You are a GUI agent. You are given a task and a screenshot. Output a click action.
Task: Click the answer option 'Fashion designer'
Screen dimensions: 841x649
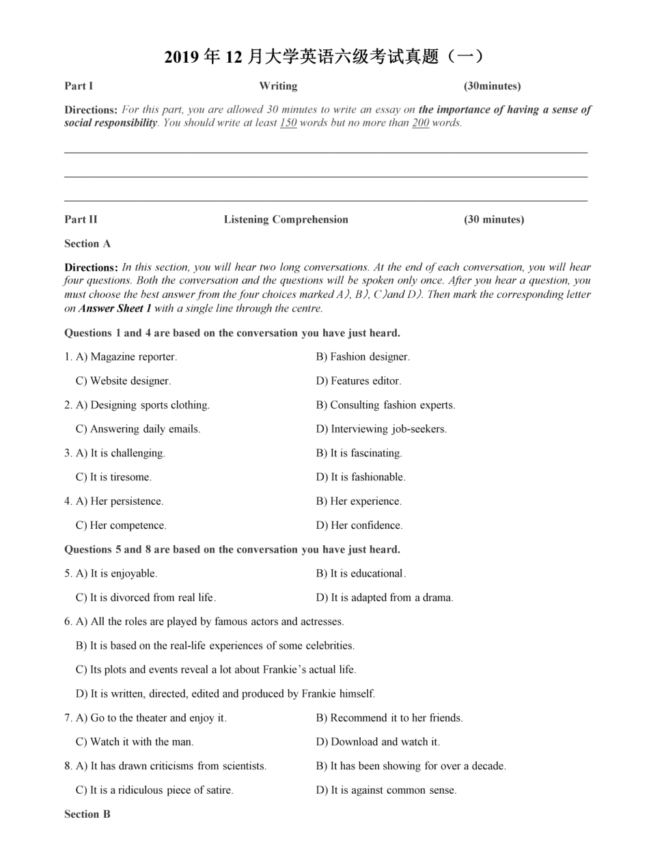[363, 357]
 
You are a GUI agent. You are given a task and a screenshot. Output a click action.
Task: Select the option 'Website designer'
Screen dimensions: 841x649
[124, 381]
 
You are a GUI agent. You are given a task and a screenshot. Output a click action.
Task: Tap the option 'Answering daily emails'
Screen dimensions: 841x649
[139, 429]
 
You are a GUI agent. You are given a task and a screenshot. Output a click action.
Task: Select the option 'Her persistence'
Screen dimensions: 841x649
[120, 501]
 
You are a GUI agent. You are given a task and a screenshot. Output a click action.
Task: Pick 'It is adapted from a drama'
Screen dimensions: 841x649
[385, 598]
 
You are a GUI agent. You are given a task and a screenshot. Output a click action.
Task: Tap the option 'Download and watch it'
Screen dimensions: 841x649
[378, 742]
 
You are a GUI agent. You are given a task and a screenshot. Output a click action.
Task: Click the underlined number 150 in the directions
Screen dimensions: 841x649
[288, 124]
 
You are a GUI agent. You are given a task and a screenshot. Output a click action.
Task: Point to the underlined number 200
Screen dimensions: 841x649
[420, 124]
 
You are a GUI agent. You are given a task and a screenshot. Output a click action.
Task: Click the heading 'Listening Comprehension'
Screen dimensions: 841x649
[286, 219]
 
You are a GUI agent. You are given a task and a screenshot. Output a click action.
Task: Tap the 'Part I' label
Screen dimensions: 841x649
[79, 86]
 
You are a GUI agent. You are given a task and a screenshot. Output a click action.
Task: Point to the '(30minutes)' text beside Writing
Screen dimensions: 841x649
[492, 86]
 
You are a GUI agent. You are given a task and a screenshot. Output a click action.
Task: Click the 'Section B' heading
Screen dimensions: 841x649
[87, 814]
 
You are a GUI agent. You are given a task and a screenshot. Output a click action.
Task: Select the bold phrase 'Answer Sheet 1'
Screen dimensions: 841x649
[115, 309]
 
